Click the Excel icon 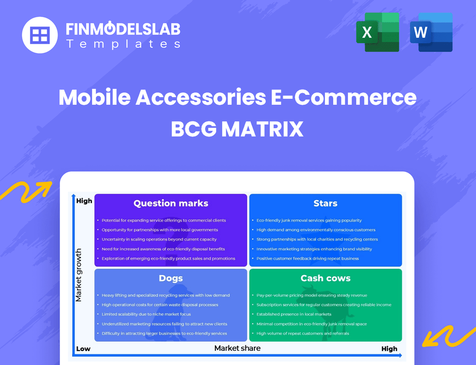[x=377, y=32]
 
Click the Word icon [x=431, y=32]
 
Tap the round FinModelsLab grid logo [x=40, y=35]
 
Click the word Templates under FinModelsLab [x=123, y=44]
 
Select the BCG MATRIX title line [x=237, y=129]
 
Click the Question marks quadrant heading [x=171, y=203]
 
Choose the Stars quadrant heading [x=325, y=203]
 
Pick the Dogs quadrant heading [x=171, y=278]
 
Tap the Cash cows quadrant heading [x=325, y=278]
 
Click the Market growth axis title [x=78, y=275]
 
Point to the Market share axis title [x=238, y=348]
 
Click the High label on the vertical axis [x=84, y=201]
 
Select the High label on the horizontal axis [x=389, y=349]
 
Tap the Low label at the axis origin [x=83, y=349]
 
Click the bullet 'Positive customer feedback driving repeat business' [x=307, y=258]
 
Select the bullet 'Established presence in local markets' [x=293, y=314]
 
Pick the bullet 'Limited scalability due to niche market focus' [x=146, y=314]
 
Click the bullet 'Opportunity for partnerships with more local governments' [x=160, y=230]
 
